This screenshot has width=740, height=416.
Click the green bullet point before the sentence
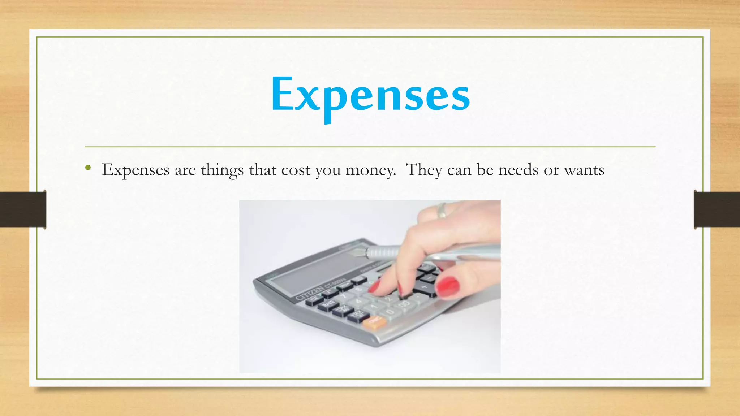pyautogui.click(x=88, y=168)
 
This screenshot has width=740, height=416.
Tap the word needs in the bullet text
pyautogui.click(x=518, y=170)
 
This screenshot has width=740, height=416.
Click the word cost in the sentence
pyautogui.click(x=296, y=170)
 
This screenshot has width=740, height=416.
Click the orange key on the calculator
pyautogui.click(x=373, y=321)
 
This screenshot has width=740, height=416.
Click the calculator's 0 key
pyautogui.click(x=390, y=312)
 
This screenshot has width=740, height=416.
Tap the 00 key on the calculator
pyautogui.click(x=405, y=304)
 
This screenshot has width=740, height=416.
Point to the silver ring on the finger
pyautogui.click(x=441, y=210)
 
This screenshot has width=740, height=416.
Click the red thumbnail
pyautogui.click(x=448, y=286)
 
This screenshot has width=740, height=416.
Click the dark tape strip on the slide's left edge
pyautogui.click(x=23, y=209)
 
